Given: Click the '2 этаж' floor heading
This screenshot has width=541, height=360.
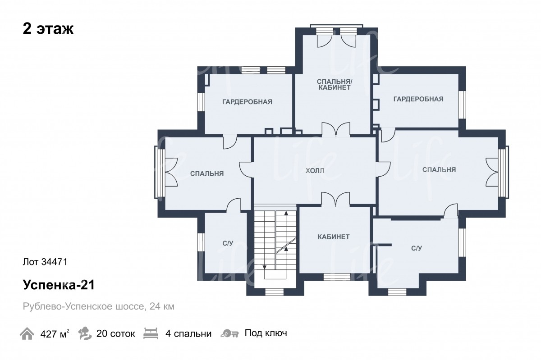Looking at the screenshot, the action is click(x=48, y=29).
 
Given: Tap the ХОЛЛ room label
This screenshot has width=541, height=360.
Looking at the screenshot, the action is click(x=315, y=171).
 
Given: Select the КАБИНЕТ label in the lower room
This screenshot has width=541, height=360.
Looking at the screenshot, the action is click(x=334, y=237).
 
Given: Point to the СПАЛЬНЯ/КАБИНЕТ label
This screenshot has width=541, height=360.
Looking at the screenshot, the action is click(x=334, y=85).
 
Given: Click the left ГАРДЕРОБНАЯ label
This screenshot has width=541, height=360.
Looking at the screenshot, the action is click(x=247, y=102).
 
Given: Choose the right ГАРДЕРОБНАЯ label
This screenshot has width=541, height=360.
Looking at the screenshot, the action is click(x=418, y=99).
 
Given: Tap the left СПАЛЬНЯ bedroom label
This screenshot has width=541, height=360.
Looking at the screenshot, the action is click(x=207, y=173).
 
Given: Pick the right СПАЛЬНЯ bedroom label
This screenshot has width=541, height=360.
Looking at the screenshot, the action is click(x=439, y=170).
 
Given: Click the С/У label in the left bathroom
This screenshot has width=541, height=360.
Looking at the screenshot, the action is click(x=228, y=243).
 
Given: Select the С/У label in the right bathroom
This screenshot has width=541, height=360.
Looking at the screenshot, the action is click(x=417, y=248).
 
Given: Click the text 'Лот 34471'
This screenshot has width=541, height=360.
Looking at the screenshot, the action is click(x=45, y=262).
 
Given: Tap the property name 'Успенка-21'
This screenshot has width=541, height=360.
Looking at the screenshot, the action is click(x=59, y=285).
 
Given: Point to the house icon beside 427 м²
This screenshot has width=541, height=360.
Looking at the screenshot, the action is click(x=27, y=333).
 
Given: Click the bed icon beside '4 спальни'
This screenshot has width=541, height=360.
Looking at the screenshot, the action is click(x=151, y=333).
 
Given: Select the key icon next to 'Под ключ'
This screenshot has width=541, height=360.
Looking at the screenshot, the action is click(x=229, y=333).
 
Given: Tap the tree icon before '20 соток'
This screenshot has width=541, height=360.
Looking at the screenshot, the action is click(x=85, y=333).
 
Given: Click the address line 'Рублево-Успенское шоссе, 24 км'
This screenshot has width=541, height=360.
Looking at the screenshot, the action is click(x=99, y=306).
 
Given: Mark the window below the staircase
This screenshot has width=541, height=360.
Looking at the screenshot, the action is click(x=274, y=292).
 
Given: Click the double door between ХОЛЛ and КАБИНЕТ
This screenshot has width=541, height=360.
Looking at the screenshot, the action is click(x=335, y=200).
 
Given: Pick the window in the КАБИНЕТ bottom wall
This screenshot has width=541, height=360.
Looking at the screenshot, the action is click(x=337, y=277).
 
